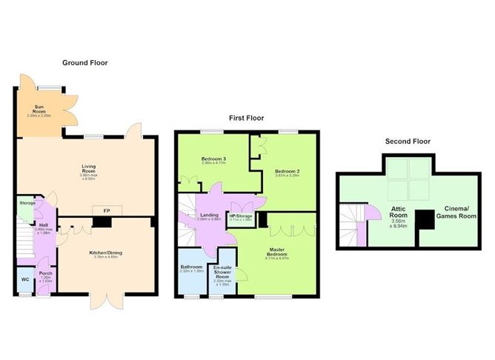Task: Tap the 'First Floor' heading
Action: (245, 118)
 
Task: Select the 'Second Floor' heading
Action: (408, 141)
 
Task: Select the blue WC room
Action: (25, 279)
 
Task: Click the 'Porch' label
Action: (45, 274)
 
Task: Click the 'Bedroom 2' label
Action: (287, 171)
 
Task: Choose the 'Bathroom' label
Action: (193, 268)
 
